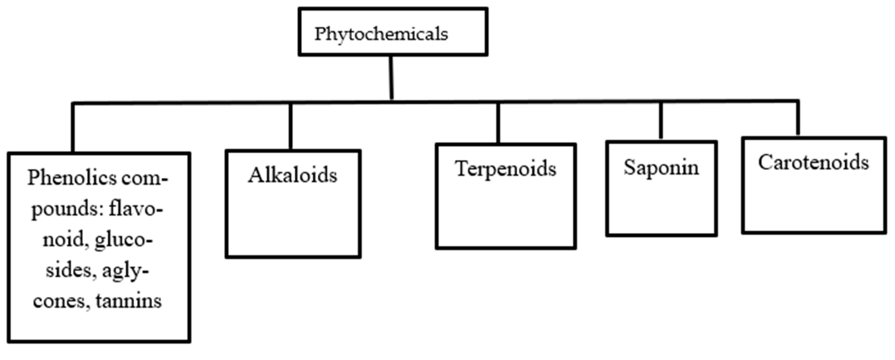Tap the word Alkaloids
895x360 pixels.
[x=293, y=175]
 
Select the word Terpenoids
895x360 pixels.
[x=506, y=169]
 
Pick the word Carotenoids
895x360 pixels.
[x=813, y=162]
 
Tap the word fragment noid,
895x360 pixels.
[x=65, y=239]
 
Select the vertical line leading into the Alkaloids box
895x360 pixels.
[x=291, y=127]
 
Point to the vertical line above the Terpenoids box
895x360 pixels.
[x=498, y=123]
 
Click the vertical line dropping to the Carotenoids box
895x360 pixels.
[x=798, y=118]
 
